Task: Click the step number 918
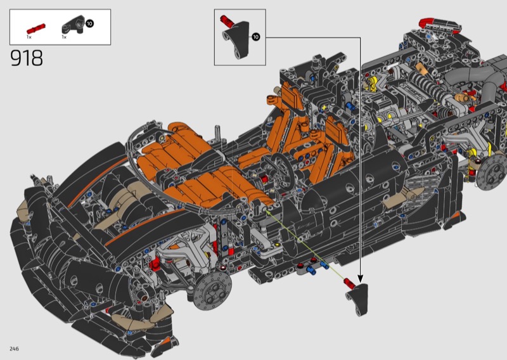coord(27,58)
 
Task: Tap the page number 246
coord(14,349)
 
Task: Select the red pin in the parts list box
coord(36,29)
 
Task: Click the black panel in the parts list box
coord(74,24)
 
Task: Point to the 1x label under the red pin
coord(29,37)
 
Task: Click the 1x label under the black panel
coord(64,37)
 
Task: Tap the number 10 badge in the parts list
coord(89,23)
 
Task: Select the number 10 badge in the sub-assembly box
coord(256,37)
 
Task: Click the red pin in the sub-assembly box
coord(227,20)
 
